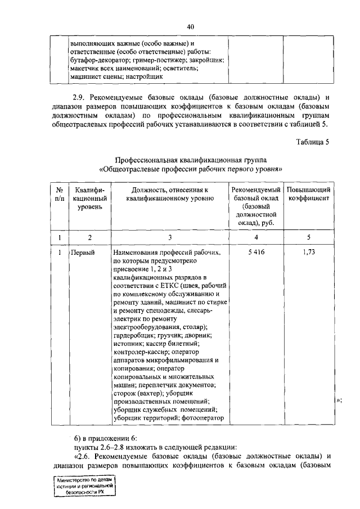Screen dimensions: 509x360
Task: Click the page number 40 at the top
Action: click(x=191, y=26)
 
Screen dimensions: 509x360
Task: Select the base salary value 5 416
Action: click(x=255, y=253)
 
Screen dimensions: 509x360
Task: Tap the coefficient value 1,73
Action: click(x=308, y=253)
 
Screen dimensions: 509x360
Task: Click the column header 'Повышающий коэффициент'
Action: click(x=308, y=196)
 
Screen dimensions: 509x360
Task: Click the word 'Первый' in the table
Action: click(x=83, y=253)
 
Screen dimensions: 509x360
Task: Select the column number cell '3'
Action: click(x=169, y=237)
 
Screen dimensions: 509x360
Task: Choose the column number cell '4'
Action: click(x=255, y=237)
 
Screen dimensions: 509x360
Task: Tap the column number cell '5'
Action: click(x=308, y=237)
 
